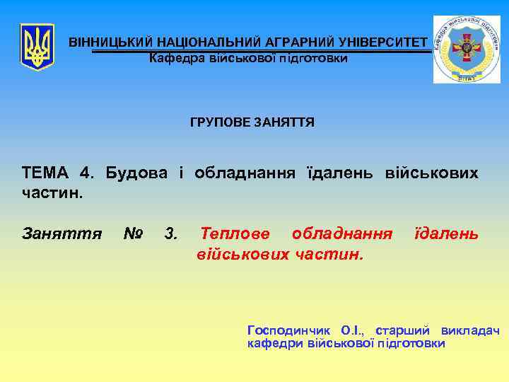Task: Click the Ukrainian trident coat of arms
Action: coord(37,47)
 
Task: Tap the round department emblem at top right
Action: coord(466,49)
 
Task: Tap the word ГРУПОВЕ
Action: coord(216,122)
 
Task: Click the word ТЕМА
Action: coord(45,173)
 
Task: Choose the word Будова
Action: coord(138,173)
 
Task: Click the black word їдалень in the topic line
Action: coord(340,173)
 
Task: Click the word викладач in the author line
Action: coord(470,330)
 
